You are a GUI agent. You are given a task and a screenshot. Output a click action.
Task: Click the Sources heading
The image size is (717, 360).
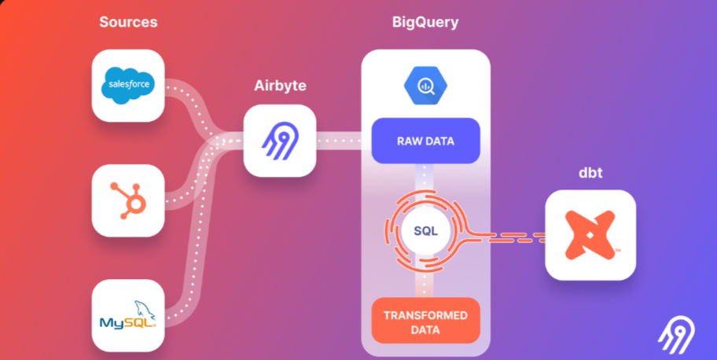click(x=128, y=22)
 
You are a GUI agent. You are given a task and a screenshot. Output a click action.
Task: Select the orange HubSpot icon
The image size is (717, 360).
click(x=128, y=201)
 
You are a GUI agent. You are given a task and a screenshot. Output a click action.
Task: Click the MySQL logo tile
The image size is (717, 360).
click(x=128, y=315)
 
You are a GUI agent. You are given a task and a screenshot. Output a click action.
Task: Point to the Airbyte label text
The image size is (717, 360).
click(x=279, y=85)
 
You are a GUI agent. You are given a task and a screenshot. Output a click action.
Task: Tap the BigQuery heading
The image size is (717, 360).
click(x=425, y=22)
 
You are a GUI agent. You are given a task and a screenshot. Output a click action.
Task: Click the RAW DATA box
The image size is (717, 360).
click(x=425, y=141)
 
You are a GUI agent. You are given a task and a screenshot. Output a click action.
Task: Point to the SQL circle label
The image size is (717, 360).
click(x=425, y=230)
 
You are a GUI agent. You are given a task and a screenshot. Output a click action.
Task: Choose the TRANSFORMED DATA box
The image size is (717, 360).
click(x=425, y=321)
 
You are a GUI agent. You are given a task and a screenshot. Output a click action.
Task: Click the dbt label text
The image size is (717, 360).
click(x=590, y=172)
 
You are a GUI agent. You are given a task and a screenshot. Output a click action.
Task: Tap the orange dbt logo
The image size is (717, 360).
click(x=590, y=235)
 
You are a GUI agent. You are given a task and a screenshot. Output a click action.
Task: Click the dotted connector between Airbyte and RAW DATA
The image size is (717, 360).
click(x=343, y=142)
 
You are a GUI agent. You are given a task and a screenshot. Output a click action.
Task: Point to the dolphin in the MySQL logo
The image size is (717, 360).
click(x=144, y=309)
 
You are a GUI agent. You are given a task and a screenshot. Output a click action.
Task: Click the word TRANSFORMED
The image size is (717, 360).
click(x=425, y=315)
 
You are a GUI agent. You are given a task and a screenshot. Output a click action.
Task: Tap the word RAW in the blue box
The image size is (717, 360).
click(x=408, y=141)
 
